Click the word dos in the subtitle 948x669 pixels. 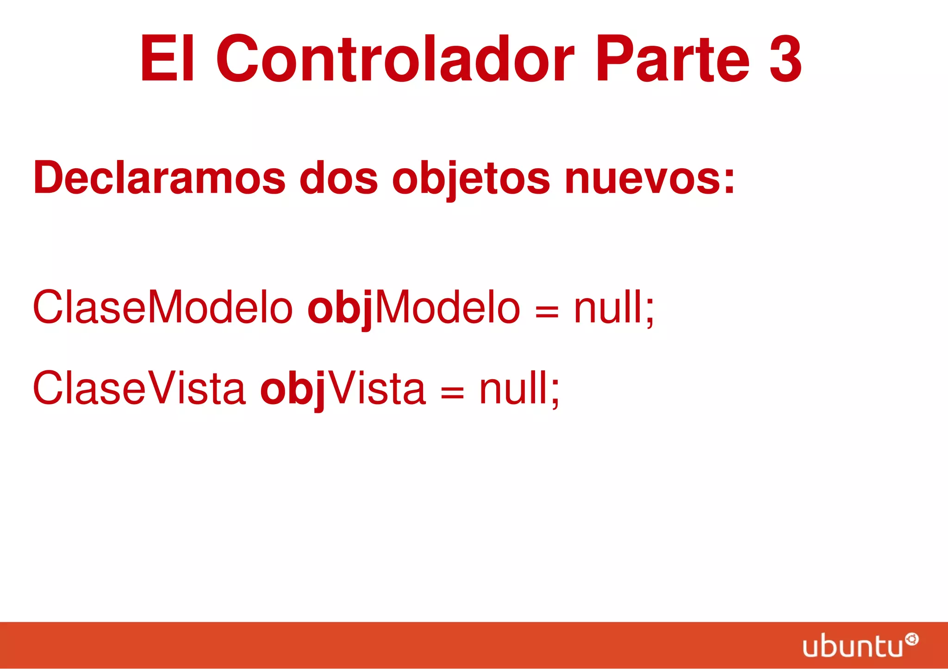pos(338,178)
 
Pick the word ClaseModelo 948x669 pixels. pos(162,307)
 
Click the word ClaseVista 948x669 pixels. pos(139,388)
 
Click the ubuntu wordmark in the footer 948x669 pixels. pos(853,647)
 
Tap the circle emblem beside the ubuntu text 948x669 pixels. pos(911,640)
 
